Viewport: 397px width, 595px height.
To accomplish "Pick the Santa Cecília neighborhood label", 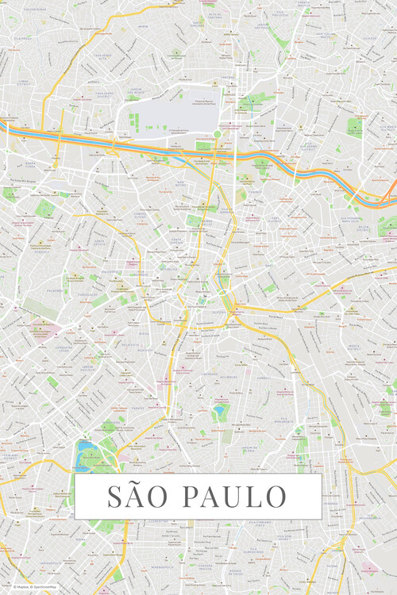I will click(x=101, y=241).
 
